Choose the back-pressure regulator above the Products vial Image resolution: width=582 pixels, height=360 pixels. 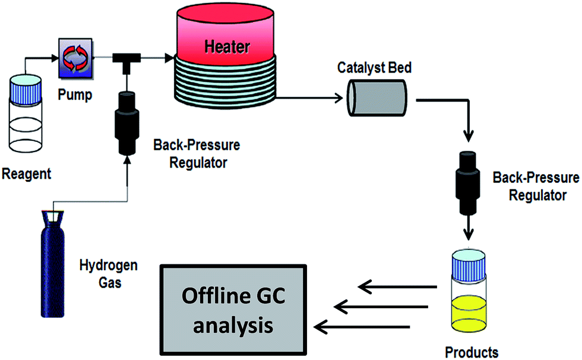pyautogui.click(x=466, y=179)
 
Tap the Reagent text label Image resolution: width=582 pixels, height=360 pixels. pyautogui.click(x=26, y=174)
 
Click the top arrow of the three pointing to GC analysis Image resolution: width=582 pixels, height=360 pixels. pyautogui.click(x=398, y=288)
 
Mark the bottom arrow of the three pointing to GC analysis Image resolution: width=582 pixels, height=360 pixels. pyautogui.click(x=362, y=326)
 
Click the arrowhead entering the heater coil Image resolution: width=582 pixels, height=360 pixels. pyautogui.click(x=170, y=58)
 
